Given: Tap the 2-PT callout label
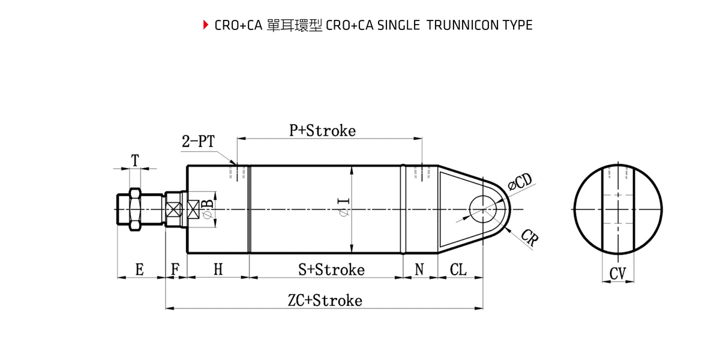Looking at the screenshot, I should click(198, 142).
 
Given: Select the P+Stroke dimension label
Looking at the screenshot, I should click(322, 130).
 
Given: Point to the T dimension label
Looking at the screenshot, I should click(135, 160).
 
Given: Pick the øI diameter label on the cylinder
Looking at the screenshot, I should click(344, 207).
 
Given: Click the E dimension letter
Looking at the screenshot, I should click(139, 269).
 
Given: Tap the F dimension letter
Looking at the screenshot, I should click(175, 269).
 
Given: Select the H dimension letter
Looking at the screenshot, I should click(218, 269).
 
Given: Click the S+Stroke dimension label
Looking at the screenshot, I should click(331, 269).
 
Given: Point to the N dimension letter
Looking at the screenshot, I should click(419, 269).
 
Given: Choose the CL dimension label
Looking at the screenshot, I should click(458, 269).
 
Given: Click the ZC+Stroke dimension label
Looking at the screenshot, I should click(325, 300).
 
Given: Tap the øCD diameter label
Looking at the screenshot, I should click(520, 182).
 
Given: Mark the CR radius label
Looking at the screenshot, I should click(529, 238).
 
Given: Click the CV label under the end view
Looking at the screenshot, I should click(617, 274).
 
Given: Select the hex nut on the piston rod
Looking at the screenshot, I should click(134, 208).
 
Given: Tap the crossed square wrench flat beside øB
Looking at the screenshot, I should click(194, 209).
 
